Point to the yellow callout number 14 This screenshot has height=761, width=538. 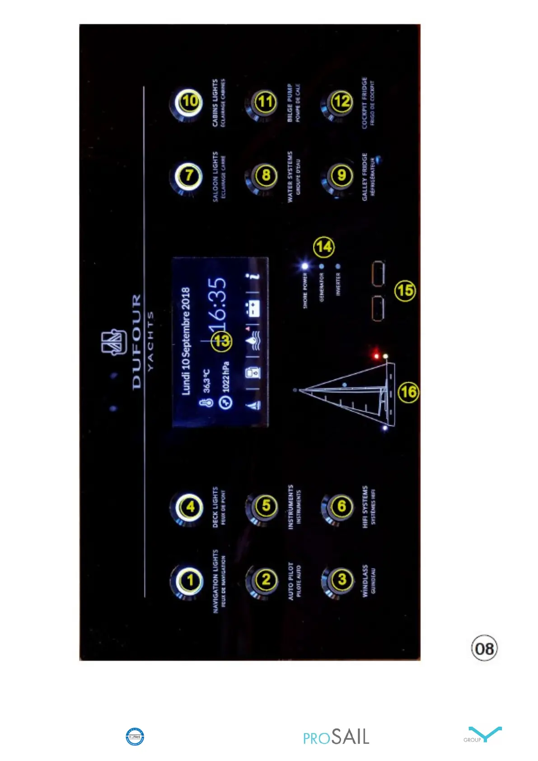pos(324,247)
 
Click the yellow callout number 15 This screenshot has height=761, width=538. pos(405,290)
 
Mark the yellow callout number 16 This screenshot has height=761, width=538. pos(408,392)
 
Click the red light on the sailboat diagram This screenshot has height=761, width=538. pos(376,356)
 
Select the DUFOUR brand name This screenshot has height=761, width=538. pos(137,342)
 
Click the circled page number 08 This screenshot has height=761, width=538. pos(484,648)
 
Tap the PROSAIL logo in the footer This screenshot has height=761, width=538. pos(336,737)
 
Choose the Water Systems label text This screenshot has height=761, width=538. pos(290,176)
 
